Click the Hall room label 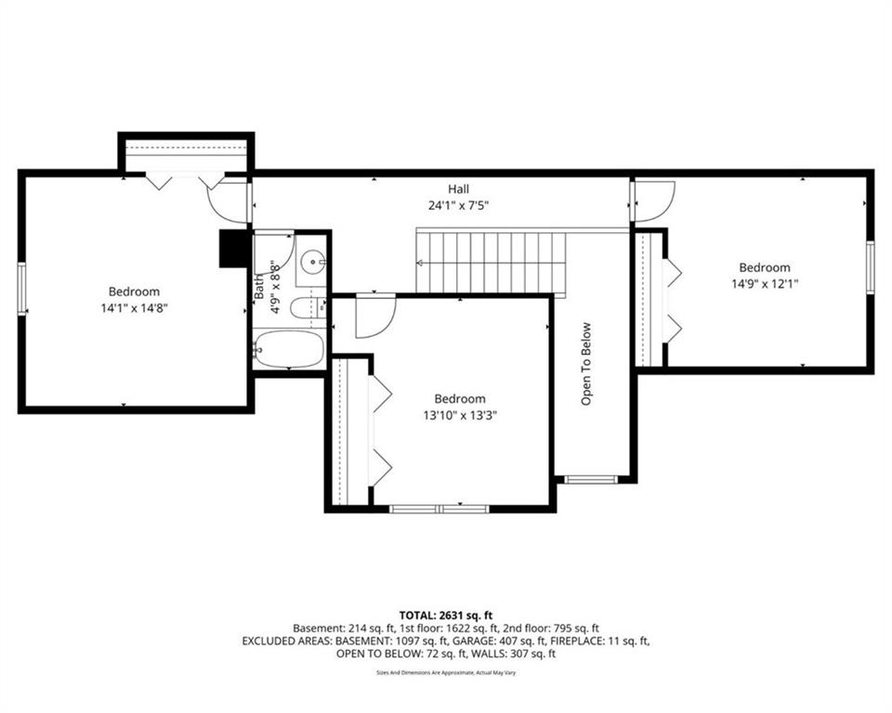click(458, 188)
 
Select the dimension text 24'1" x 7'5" click(458, 205)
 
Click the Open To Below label click(586, 364)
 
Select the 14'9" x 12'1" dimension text click(765, 283)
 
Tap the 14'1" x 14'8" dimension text click(134, 308)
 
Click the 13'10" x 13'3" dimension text click(460, 415)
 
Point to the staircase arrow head click(420, 263)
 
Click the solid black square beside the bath click(233, 248)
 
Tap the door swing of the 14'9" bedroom click(655, 201)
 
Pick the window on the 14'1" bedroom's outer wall click(22, 289)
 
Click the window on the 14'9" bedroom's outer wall click(870, 267)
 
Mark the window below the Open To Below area click(591, 479)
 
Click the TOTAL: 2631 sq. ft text click(445, 616)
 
